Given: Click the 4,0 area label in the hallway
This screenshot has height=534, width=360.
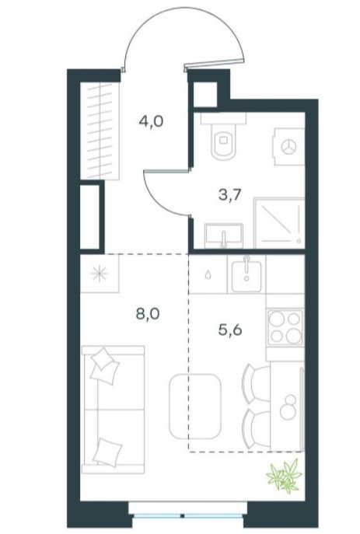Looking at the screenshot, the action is tap(151, 121).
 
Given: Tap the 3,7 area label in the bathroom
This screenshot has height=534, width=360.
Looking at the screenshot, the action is tap(230, 195).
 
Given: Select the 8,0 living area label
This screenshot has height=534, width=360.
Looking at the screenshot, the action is tap(148, 314).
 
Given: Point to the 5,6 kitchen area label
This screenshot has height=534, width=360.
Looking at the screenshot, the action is tap(230, 330).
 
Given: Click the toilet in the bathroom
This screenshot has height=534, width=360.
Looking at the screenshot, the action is tap(223, 136).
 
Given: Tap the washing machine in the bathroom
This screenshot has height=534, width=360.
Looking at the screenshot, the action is tap(288, 146).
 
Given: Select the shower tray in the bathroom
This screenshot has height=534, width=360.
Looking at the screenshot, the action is tap(279, 222).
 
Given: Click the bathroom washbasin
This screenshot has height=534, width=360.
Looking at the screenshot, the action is tap(224, 236).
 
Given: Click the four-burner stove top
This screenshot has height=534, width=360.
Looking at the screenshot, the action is tap(285, 327).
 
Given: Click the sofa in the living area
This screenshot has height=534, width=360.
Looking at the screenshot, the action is tap(113, 410).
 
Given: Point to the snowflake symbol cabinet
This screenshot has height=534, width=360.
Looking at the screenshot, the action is tap(100, 274).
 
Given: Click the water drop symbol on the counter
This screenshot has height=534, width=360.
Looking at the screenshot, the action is tap(208, 274).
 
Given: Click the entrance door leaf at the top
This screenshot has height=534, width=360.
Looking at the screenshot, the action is tap(215, 65).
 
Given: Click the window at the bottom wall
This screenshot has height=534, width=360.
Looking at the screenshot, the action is tap(187, 514).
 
